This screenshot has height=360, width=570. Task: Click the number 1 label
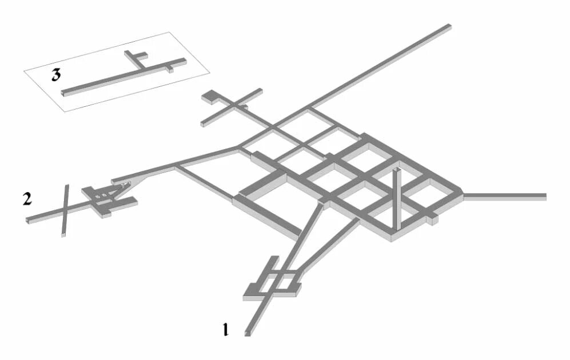[226, 329]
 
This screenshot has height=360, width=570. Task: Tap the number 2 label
[27, 199]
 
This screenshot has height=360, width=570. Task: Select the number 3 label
[55, 75]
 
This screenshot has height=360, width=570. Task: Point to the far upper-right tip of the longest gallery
[450, 26]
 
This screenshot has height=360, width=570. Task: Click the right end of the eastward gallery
[545, 197]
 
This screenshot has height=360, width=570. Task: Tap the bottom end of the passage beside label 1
[247, 334]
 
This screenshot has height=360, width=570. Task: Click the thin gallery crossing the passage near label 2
[65, 211]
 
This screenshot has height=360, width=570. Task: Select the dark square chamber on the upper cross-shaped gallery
[209, 96]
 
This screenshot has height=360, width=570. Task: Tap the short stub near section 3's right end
[170, 69]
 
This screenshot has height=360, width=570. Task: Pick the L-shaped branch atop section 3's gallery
[135, 58]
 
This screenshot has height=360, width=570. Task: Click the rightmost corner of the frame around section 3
[209, 73]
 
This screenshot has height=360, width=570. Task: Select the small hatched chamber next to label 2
[103, 195]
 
